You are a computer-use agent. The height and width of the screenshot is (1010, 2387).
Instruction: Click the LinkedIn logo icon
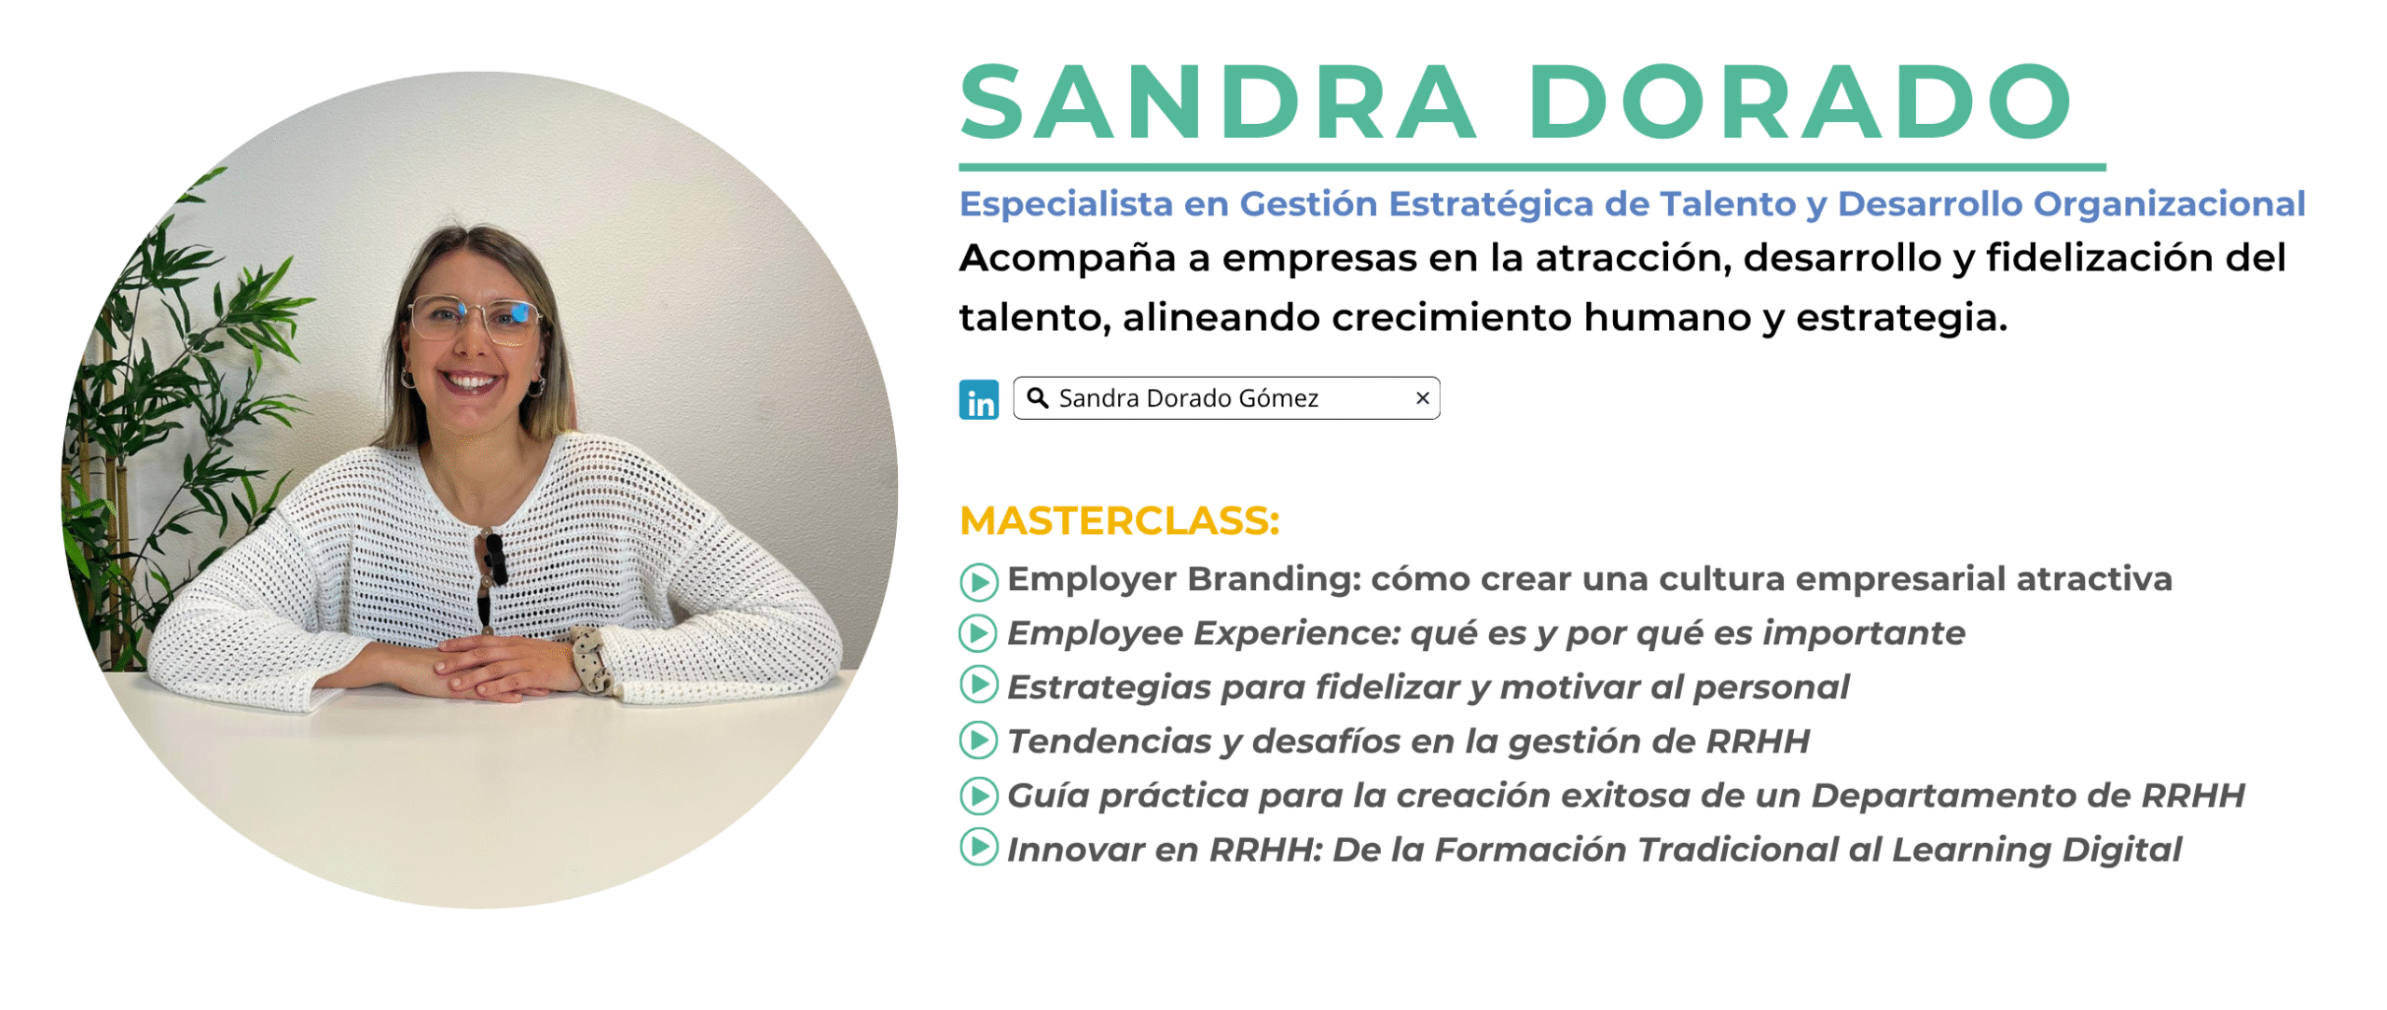tap(978, 400)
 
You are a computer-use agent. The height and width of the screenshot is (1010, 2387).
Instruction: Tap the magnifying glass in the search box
tap(1037, 398)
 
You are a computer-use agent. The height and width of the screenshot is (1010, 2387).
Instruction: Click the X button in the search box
tap(1422, 398)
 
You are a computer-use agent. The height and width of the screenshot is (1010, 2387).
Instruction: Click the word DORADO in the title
tap(1801, 102)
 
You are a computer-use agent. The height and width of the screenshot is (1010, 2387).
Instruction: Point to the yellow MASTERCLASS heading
tap(1119, 520)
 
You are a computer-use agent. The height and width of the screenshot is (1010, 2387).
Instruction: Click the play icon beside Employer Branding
tap(978, 582)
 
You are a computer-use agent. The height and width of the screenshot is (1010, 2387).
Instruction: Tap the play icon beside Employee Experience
tap(978, 634)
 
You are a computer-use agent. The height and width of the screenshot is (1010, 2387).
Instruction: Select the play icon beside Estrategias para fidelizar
tap(978, 685)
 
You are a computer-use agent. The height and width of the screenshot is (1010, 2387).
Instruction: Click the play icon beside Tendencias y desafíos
tap(978, 740)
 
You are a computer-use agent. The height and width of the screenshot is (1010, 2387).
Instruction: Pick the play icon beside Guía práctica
tap(978, 796)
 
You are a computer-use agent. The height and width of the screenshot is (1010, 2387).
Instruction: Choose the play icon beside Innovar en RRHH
tap(978, 847)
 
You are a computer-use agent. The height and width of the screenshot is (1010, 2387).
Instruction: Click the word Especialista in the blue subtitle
tap(1066, 205)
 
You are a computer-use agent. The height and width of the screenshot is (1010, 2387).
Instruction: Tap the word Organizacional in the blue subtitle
tap(2169, 205)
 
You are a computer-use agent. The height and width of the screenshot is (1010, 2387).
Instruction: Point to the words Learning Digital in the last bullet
tap(2036, 850)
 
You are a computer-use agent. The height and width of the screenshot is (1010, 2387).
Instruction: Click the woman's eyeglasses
tap(476, 317)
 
